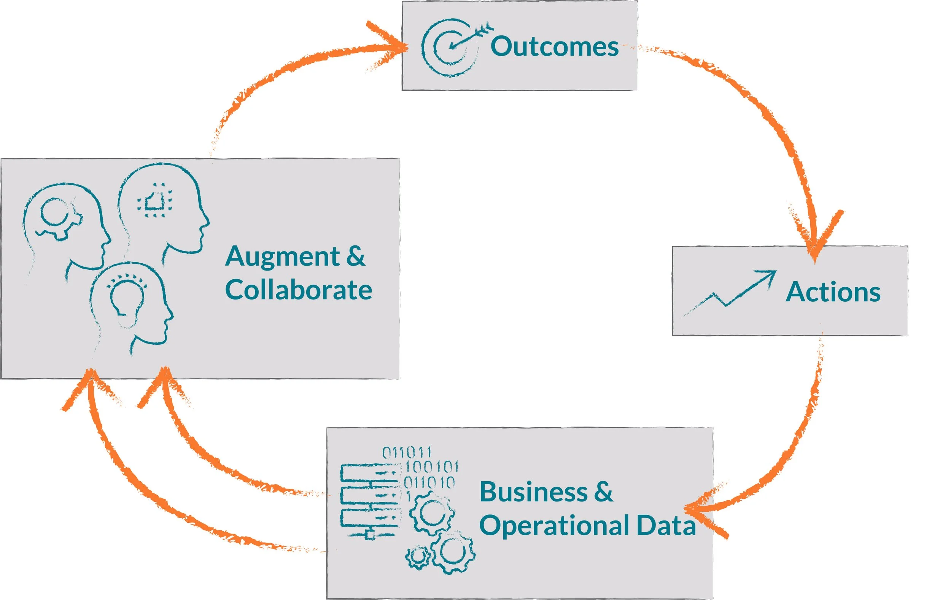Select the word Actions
[x=833, y=292]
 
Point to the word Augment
[x=282, y=257]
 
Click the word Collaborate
[x=299, y=290]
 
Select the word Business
[x=533, y=492]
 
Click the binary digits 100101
[x=432, y=467]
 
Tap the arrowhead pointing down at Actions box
[x=816, y=241]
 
